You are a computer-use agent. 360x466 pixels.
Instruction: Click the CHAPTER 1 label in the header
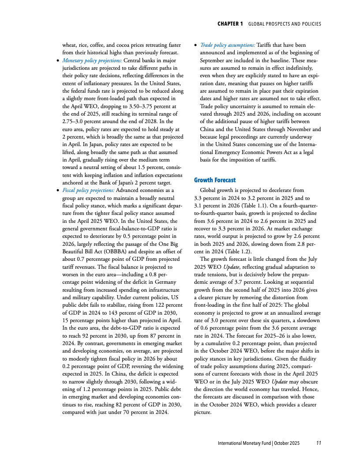[x=230, y=24]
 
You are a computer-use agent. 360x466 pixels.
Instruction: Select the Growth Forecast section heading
[x=215, y=180]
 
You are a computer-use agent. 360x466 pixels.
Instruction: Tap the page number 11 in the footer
[x=319, y=443]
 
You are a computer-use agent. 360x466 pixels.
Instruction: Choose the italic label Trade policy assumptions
[x=227, y=45]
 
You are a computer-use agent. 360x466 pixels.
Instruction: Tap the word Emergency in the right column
[x=229, y=152]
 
